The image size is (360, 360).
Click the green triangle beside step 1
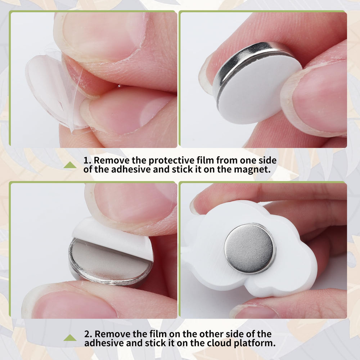click(70, 165)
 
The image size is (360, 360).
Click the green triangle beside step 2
click(70, 338)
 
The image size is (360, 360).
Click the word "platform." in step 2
click(255, 343)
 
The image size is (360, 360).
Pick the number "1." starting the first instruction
click(87, 160)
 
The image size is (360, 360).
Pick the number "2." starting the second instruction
click(88, 334)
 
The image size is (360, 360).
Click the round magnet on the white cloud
click(250, 248)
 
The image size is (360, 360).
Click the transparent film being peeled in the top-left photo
click(55, 92)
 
